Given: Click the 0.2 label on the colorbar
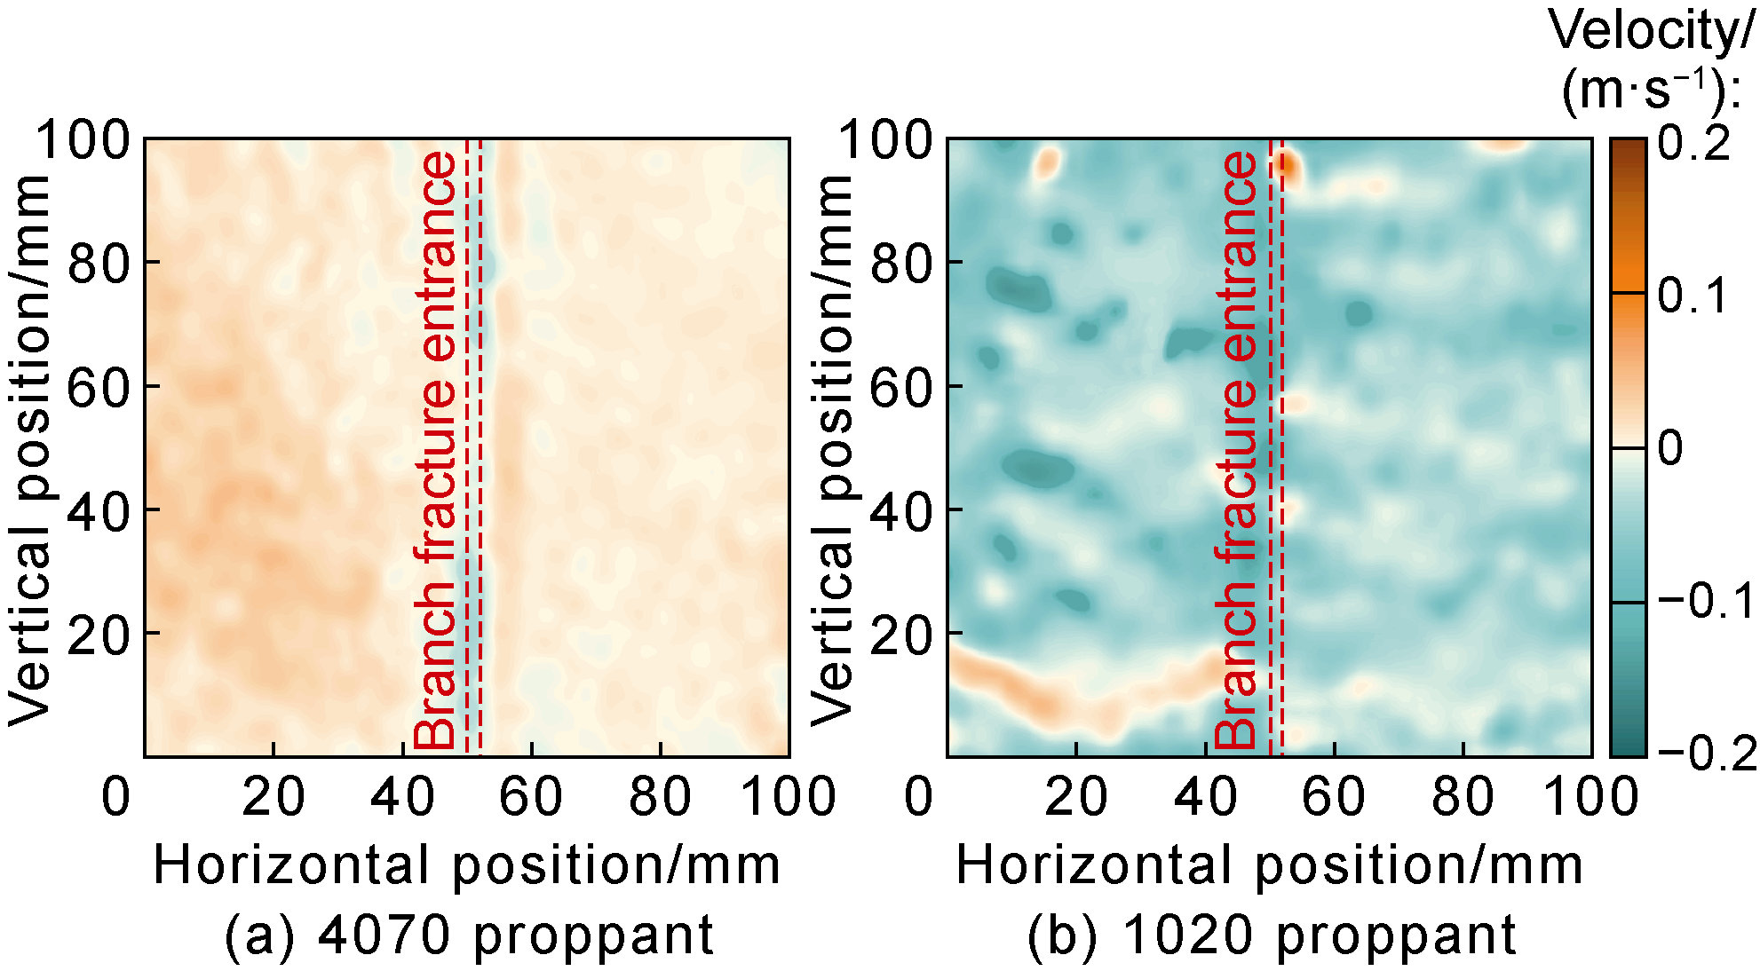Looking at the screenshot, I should click(x=1695, y=144).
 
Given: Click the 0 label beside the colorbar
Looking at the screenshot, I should click(x=1670, y=449).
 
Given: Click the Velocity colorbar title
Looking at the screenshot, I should click(x=1652, y=60).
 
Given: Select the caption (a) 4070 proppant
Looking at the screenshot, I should click(x=469, y=935).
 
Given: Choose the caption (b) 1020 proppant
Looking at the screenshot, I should click(x=1272, y=935).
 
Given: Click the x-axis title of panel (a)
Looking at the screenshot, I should click(x=467, y=865).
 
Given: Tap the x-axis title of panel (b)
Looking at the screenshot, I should click(x=1270, y=865).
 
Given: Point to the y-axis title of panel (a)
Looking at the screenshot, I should click(x=28, y=449).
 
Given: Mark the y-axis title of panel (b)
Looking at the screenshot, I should click(x=831, y=449).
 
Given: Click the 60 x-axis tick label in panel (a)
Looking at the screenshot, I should click(x=531, y=796).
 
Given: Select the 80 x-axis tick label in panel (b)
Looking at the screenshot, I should click(x=1463, y=796).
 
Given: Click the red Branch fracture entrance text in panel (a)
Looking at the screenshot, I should click(x=437, y=449).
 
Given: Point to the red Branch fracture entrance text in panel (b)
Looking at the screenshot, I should click(x=1237, y=449).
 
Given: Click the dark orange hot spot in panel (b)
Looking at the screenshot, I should click(x=1285, y=165).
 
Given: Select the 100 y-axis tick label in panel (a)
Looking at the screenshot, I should click(x=83, y=140).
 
